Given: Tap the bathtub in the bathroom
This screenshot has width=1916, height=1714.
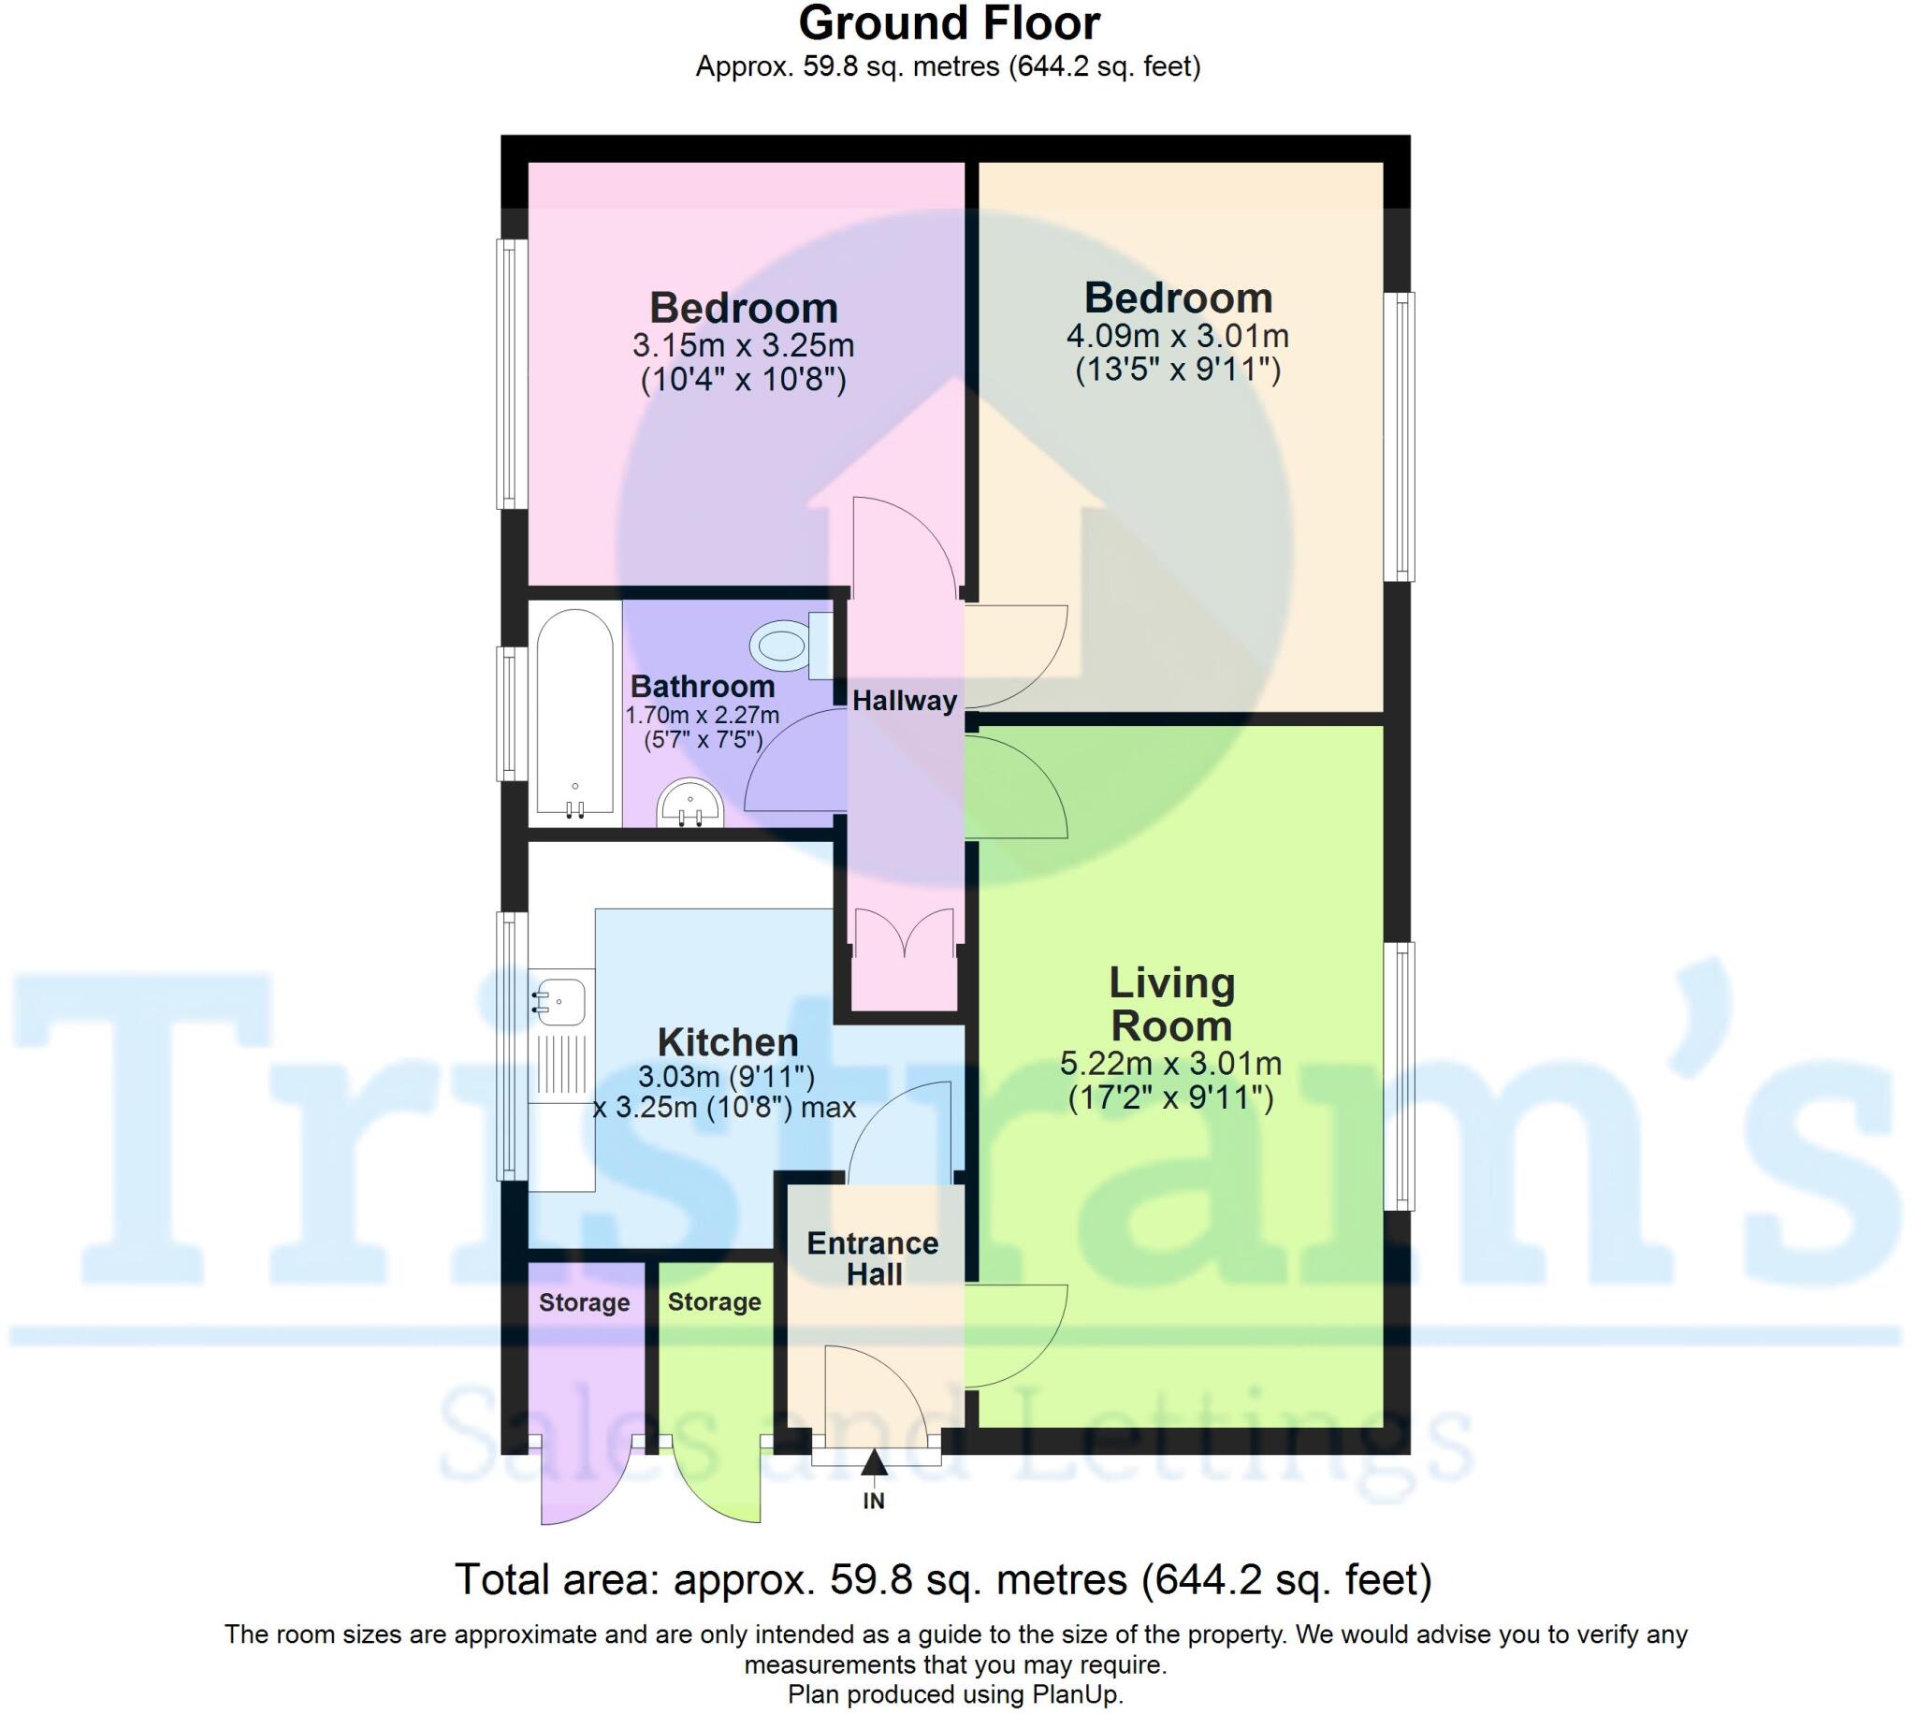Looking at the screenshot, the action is point(575,713).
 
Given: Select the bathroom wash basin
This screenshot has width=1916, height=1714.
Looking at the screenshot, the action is point(690,805).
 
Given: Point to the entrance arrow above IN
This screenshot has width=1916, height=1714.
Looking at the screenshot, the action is point(874,1462).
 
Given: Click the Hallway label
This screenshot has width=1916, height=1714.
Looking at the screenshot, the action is point(905,701).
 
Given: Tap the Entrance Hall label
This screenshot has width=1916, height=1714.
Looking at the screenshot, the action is point(874,1259).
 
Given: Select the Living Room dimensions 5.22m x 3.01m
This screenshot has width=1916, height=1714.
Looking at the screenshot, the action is point(1171,1064).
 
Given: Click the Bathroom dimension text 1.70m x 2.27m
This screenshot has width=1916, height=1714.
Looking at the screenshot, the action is point(703,715).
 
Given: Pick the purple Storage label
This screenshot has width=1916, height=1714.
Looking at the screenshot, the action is point(584,1302).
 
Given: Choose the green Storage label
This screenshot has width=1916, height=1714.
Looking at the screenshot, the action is point(715,1301).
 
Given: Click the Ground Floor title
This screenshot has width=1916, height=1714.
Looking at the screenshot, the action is point(949,23).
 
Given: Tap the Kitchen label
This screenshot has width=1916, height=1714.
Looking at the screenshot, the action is point(728,1042).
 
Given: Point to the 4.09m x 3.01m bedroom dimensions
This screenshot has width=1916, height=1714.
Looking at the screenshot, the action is point(1178,336).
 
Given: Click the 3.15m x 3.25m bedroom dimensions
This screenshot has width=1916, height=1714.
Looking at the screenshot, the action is point(743,345).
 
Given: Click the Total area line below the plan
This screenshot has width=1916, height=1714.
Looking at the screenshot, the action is point(943,1579).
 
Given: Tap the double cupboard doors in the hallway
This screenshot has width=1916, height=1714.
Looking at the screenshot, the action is point(905,933).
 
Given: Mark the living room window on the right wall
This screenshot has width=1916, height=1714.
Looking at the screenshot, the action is point(1399,1076).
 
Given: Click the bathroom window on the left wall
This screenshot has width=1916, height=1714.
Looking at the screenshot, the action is point(512,714).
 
